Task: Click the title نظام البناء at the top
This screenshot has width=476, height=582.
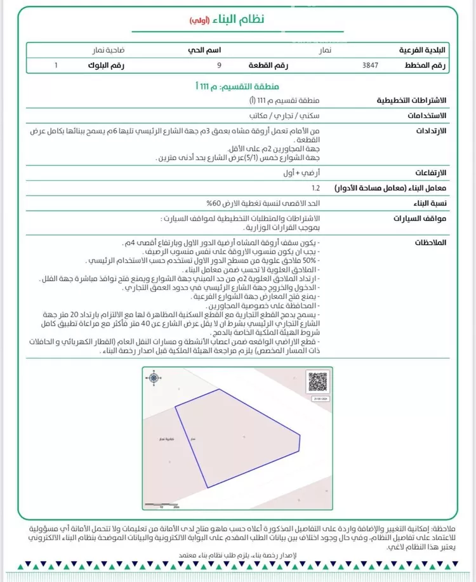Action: [244, 19]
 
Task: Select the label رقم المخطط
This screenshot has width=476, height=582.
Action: [425, 65]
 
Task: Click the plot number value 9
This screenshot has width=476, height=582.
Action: [219, 65]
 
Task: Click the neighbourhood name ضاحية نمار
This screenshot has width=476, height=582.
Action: [107, 49]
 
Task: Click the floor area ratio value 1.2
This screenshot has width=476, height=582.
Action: [316, 188]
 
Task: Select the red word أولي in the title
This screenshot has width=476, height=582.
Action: [201, 20]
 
